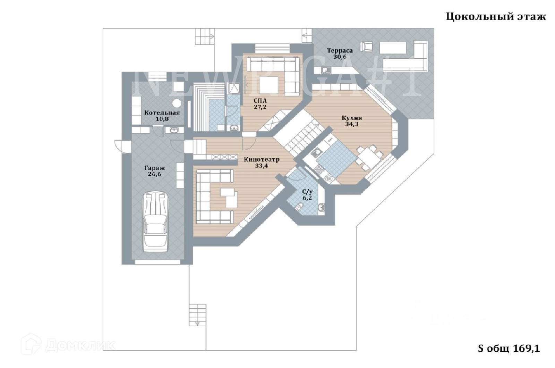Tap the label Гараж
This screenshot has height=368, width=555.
(x=155, y=168)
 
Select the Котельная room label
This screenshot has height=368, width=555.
(x=162, y=113)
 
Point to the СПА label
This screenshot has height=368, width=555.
(x=260, y=101)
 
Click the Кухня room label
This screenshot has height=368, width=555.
(x=352, y=118)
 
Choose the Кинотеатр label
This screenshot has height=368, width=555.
(x=262, y=160)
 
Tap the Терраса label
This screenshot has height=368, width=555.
(x=340, y=51)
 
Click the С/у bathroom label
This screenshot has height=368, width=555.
(x=308, y=192)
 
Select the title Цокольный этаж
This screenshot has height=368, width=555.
(x=496, y=17)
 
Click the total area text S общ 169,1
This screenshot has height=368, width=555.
(x=509, y=348)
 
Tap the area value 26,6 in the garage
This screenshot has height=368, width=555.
(x=155, y=174)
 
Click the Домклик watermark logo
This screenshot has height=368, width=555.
(x=68, y=345)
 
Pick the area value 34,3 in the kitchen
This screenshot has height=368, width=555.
(x=352, y=124)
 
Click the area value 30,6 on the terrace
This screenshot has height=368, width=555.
(x=340, y=57)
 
